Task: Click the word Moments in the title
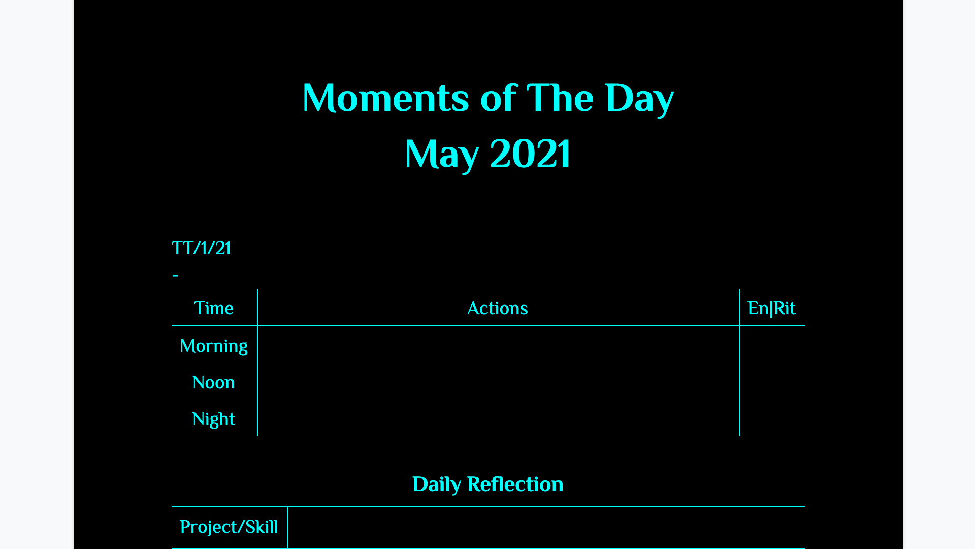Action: pos(386,98)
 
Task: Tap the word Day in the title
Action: pos(639,99)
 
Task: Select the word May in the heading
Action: pos(441,155)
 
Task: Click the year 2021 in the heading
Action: pos(531,153)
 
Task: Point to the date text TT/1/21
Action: pos(201,248)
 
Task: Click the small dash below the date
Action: pos(175,275)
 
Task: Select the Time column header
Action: pos(214,308)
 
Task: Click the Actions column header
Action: pos(498,308)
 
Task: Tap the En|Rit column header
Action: pos(772,308)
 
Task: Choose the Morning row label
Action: pos(214,346)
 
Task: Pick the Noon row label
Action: pos(214,382)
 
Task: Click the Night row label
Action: pos(214,419)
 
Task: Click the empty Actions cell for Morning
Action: pos(499,345)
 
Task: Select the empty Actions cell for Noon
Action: pos(499,382)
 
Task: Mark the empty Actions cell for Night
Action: pos(499,418)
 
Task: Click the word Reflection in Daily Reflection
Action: pos(515,484)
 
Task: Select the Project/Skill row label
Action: pos(229,527)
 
